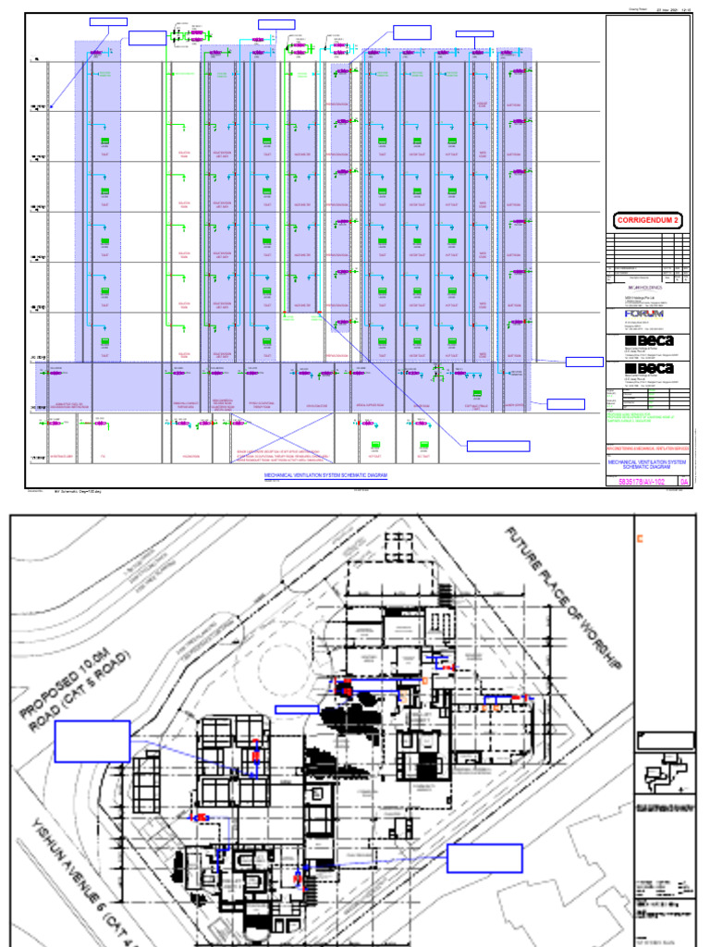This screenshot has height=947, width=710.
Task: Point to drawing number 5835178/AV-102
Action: [x=640, y=481]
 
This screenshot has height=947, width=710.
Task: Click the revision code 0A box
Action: [x=684, y=481]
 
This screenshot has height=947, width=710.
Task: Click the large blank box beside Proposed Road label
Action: [x=92, y=742]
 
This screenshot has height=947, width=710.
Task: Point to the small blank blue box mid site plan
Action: [x=298, y=707]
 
